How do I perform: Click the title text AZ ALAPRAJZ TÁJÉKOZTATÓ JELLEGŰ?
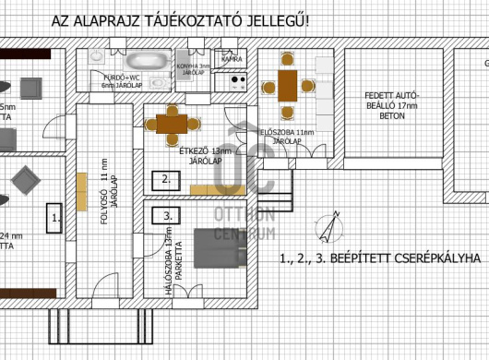coord(193,20)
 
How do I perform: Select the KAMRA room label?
coord(233,59)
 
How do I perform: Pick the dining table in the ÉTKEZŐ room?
coord(171,122)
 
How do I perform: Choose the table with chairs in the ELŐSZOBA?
coord(286,86)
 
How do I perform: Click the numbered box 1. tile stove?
coord(55,219)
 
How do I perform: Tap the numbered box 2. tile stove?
coord(165,179)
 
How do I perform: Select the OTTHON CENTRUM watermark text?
coord(244,223)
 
